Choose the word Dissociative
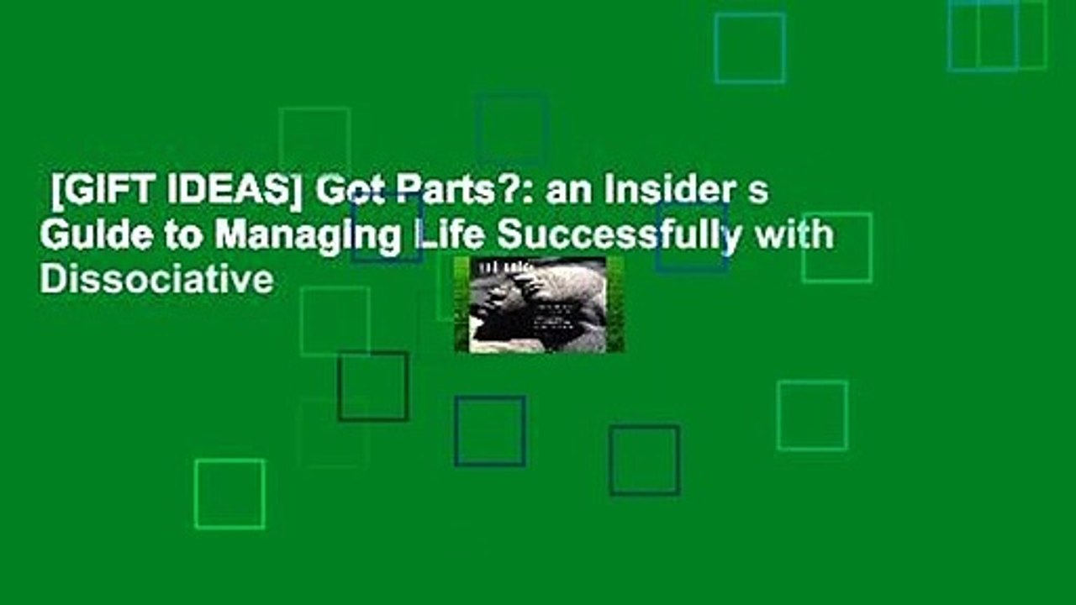[x=156, y=280]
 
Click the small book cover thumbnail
[x=539, y=304]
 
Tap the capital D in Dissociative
[x=50, y=280]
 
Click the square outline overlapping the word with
[x=836, y=247]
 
